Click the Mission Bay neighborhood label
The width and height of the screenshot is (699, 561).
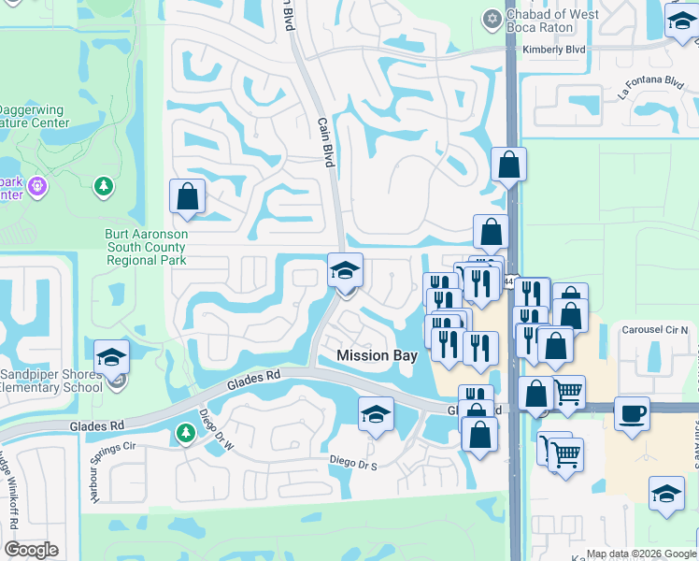pyautogui.click(x=377, y=355)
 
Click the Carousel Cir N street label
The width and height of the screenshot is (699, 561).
pyautogui.click(x=655, y=331)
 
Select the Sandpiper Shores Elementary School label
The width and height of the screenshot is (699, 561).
pyautogui.click(x=51, y=381)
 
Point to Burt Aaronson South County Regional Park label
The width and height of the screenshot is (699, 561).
pyautogui.click(x=146, y=247)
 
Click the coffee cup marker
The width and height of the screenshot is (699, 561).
pyautogui.click(x=632, y=412)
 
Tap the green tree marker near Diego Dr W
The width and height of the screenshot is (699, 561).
pyautogui.click(x=184, y=433)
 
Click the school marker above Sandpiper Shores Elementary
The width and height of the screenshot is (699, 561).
pyautogui.click(x=111, y=356)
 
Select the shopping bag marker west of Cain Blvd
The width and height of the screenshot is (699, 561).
pyautogui.click(x=187, y=196)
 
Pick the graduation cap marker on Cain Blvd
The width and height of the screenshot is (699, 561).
pyautogui.click(x=345, y=272)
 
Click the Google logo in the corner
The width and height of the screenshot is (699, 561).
pyautogui.click(x=32, y=550)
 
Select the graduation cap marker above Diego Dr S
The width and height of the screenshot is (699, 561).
pyautogui.click(x=376, y=413)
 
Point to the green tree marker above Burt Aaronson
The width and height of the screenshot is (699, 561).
pyautogui.click(x=104, y=186)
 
